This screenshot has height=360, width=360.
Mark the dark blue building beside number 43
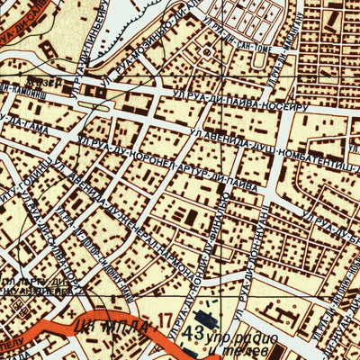click(x=204, y=316)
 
